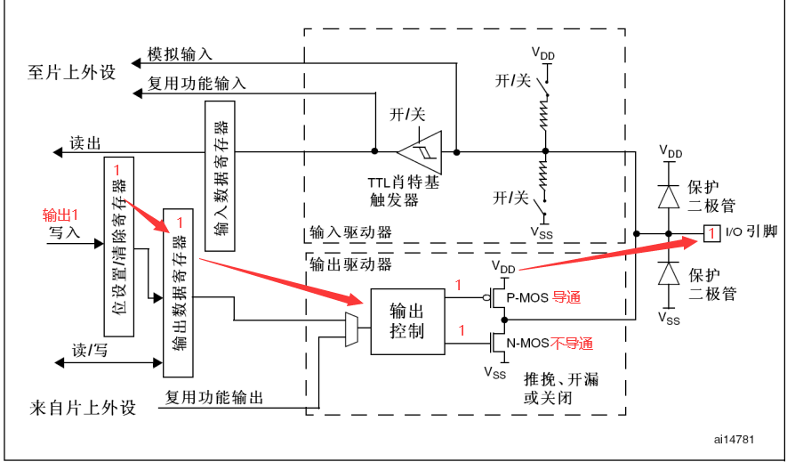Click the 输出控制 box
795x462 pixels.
tap(406, 321)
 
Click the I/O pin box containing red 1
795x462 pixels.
tap(711, 233)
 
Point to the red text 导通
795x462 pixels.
tap(566, 298)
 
